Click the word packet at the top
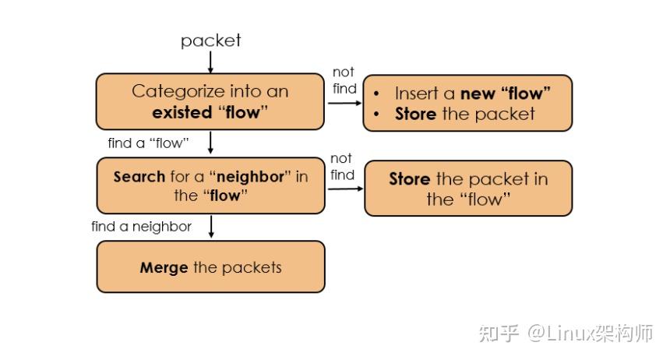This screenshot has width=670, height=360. pos(210,41)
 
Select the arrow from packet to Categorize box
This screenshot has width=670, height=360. pos(210,62)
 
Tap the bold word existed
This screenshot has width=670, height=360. pos(181,112)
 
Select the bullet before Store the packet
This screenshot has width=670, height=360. pos(377,114)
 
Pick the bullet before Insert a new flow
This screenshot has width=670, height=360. pos(377,94)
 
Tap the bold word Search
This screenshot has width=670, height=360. pos(139,177)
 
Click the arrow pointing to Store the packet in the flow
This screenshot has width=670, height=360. pos(344,189)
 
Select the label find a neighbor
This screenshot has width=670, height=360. pos(141,227)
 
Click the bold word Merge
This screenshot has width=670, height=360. pos(164,268)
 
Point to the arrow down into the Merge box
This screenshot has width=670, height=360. pos(210,228)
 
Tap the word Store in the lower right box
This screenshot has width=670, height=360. pos(410,179)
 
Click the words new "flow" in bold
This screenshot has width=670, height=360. pos(506,94)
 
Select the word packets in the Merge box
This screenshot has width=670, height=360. pos(252,268)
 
